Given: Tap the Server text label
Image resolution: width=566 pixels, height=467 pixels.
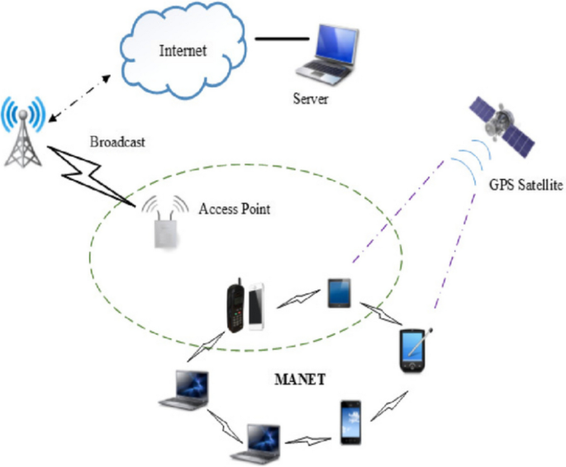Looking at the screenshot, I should [311, 100].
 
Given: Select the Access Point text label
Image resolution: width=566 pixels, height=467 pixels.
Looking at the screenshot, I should [235, 210].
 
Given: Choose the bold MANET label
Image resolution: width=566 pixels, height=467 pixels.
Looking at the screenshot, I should [298, 383].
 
